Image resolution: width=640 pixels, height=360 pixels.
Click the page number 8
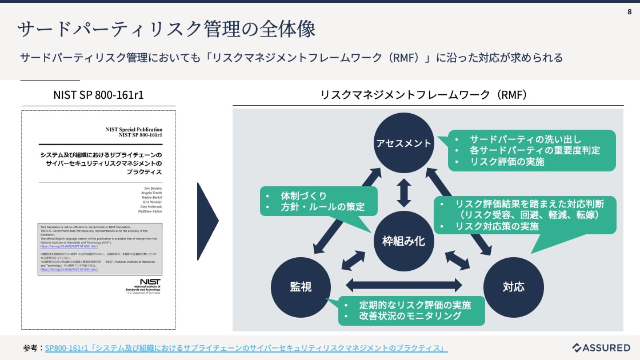click(629, 12)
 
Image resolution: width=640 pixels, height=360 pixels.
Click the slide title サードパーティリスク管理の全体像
click(166, 29)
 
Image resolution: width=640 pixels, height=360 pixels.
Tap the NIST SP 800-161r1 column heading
click(98, 94)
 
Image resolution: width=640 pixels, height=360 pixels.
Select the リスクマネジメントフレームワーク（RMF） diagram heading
click(423, 94)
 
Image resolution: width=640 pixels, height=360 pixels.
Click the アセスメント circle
click(404, 143)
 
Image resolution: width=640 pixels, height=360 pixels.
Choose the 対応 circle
click(513, 286)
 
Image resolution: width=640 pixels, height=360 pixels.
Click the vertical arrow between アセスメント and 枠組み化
click(404, 193)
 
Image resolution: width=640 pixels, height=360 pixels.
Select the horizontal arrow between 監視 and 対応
click(404, 284)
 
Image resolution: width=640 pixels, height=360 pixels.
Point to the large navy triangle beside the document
click(207, 220)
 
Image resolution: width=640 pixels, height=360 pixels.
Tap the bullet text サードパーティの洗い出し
click(525, 139)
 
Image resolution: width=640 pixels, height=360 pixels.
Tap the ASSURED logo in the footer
click(601, 347)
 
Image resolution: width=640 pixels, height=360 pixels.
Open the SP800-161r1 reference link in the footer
click(246, 348)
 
